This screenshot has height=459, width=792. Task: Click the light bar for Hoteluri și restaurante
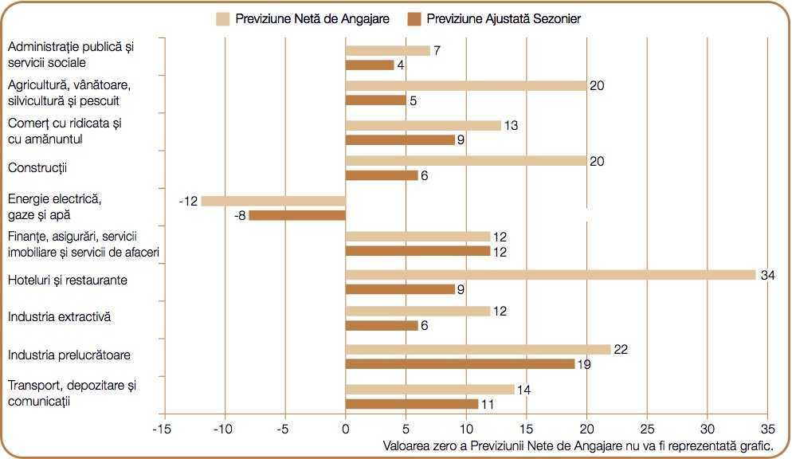point(550,275)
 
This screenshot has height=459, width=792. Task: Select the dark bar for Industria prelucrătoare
point(460,364)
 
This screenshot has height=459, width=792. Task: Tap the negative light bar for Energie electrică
point(273,201)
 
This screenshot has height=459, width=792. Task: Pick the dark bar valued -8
point(297,215)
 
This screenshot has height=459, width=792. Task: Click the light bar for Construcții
point(466,161)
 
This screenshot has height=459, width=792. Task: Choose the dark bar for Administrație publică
point(370,65)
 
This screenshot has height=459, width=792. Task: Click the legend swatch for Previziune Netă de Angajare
point(222,18)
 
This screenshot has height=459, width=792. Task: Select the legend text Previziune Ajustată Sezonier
point(504,18)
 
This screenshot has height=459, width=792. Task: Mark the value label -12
point(188,201)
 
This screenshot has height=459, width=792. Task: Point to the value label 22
point(621,350)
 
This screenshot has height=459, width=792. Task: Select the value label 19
point(585,364)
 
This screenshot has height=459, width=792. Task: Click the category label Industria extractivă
point(59,317)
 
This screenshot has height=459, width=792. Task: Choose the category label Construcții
point(37,168)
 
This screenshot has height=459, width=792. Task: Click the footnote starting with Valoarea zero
point(578,445)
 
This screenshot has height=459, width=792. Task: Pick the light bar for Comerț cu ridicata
point(423,125)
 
